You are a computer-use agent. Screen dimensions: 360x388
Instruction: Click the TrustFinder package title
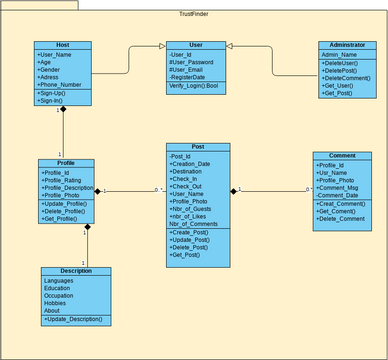[193, 12]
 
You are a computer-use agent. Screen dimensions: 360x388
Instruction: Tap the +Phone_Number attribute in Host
[60, 85]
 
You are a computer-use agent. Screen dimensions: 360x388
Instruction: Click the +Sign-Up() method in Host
[55, 94]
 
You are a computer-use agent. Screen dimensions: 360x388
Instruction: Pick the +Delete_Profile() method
[65, 212]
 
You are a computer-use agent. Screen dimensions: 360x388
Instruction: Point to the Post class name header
[197, 147]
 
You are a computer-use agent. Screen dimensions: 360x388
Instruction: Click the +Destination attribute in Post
[192, 170]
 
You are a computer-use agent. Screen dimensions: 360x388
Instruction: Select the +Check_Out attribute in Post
[189, 186]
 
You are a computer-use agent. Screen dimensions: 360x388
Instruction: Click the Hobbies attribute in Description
[58, 302]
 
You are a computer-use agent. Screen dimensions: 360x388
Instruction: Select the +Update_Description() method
[73, 318]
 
